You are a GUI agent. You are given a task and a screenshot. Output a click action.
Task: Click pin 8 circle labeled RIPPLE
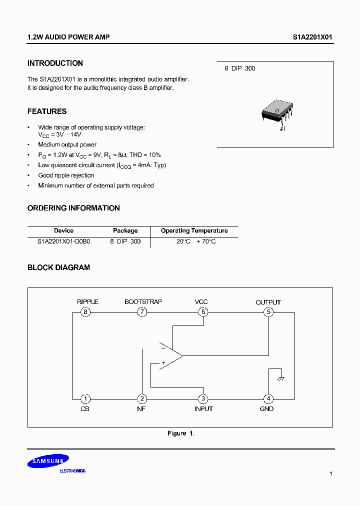[86, 312]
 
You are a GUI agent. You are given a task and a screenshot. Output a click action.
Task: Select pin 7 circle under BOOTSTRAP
[142, 312]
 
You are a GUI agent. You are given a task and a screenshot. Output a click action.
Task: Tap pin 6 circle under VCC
[203, 312]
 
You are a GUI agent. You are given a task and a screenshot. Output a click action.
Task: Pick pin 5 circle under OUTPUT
[268, 312]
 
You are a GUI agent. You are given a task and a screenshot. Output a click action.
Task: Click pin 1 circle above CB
[86, 398]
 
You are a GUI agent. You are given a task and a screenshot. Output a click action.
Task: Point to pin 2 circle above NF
[142, 398]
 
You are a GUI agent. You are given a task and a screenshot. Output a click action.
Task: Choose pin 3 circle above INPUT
[203, 398]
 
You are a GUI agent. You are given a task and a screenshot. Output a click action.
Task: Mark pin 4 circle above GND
[268, 398]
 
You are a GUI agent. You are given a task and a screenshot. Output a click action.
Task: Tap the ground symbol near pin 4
[281, 379]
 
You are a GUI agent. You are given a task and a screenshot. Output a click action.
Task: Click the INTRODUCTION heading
[55, 63]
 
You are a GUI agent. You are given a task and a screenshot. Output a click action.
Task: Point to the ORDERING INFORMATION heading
[73, 208]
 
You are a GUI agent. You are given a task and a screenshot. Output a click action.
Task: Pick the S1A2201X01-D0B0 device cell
[63, 241]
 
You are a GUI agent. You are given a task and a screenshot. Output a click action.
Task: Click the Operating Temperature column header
[194, 230]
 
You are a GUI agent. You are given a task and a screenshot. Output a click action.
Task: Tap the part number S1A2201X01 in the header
[312, 37]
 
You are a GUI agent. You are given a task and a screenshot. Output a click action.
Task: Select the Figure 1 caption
[180, 433]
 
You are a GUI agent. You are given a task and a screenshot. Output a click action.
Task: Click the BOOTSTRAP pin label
[143, 302]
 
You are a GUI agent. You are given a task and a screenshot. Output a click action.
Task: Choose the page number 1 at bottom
[330, 473]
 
